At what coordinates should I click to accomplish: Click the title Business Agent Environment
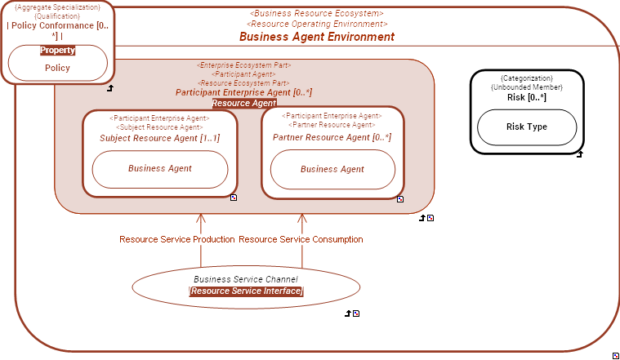[316, 37]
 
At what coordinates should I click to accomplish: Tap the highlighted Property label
[57, 50]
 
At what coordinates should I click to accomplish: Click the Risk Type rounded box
[526, 127]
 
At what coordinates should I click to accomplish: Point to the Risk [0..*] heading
[526, 97]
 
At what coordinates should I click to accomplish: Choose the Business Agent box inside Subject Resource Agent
[159, 168]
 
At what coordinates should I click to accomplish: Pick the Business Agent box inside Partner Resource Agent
[332, 169]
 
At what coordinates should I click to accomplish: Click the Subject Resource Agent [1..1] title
[159, 138]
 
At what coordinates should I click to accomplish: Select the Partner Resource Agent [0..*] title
[332, 137]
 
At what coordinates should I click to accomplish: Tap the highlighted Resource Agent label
[243, 104]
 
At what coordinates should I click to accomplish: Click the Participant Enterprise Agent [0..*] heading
[243, 93]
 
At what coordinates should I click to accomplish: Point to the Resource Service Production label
[177, 239]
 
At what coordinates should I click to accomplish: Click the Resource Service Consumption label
[301, 239]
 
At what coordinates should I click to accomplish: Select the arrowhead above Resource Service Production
[201, 219]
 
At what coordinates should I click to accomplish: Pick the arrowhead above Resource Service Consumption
[302, 219]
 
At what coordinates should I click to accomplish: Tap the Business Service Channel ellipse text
[245, 279]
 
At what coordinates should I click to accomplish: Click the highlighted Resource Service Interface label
[245, 291]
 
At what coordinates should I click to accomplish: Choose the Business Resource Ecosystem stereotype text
[316, 14]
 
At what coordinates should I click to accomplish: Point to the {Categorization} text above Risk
[526, 78]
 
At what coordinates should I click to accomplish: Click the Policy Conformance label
[57, 25]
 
